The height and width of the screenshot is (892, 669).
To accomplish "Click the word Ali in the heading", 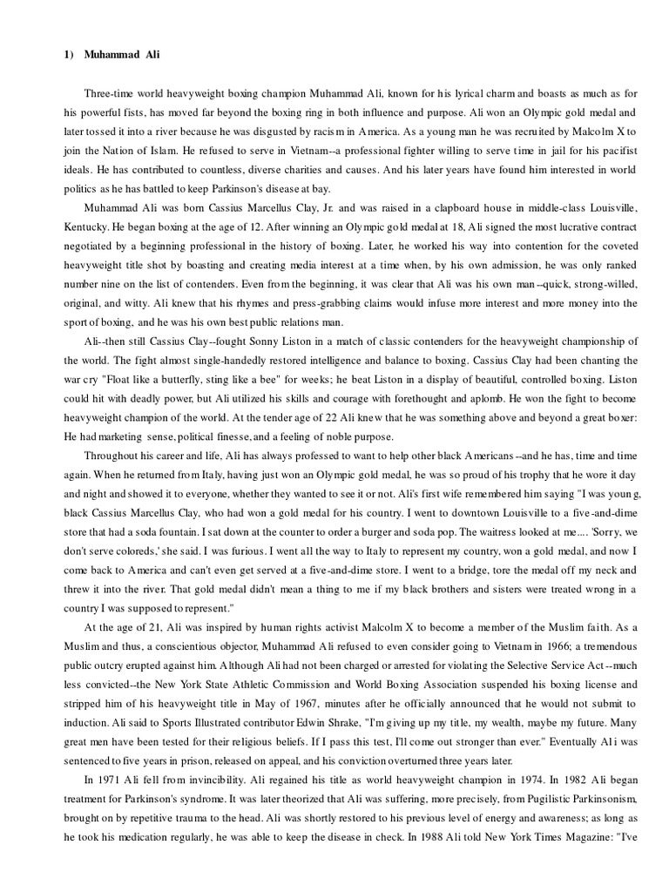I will click(x=151, y=54).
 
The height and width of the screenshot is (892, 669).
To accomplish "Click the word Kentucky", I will click(x=87, y=226).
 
